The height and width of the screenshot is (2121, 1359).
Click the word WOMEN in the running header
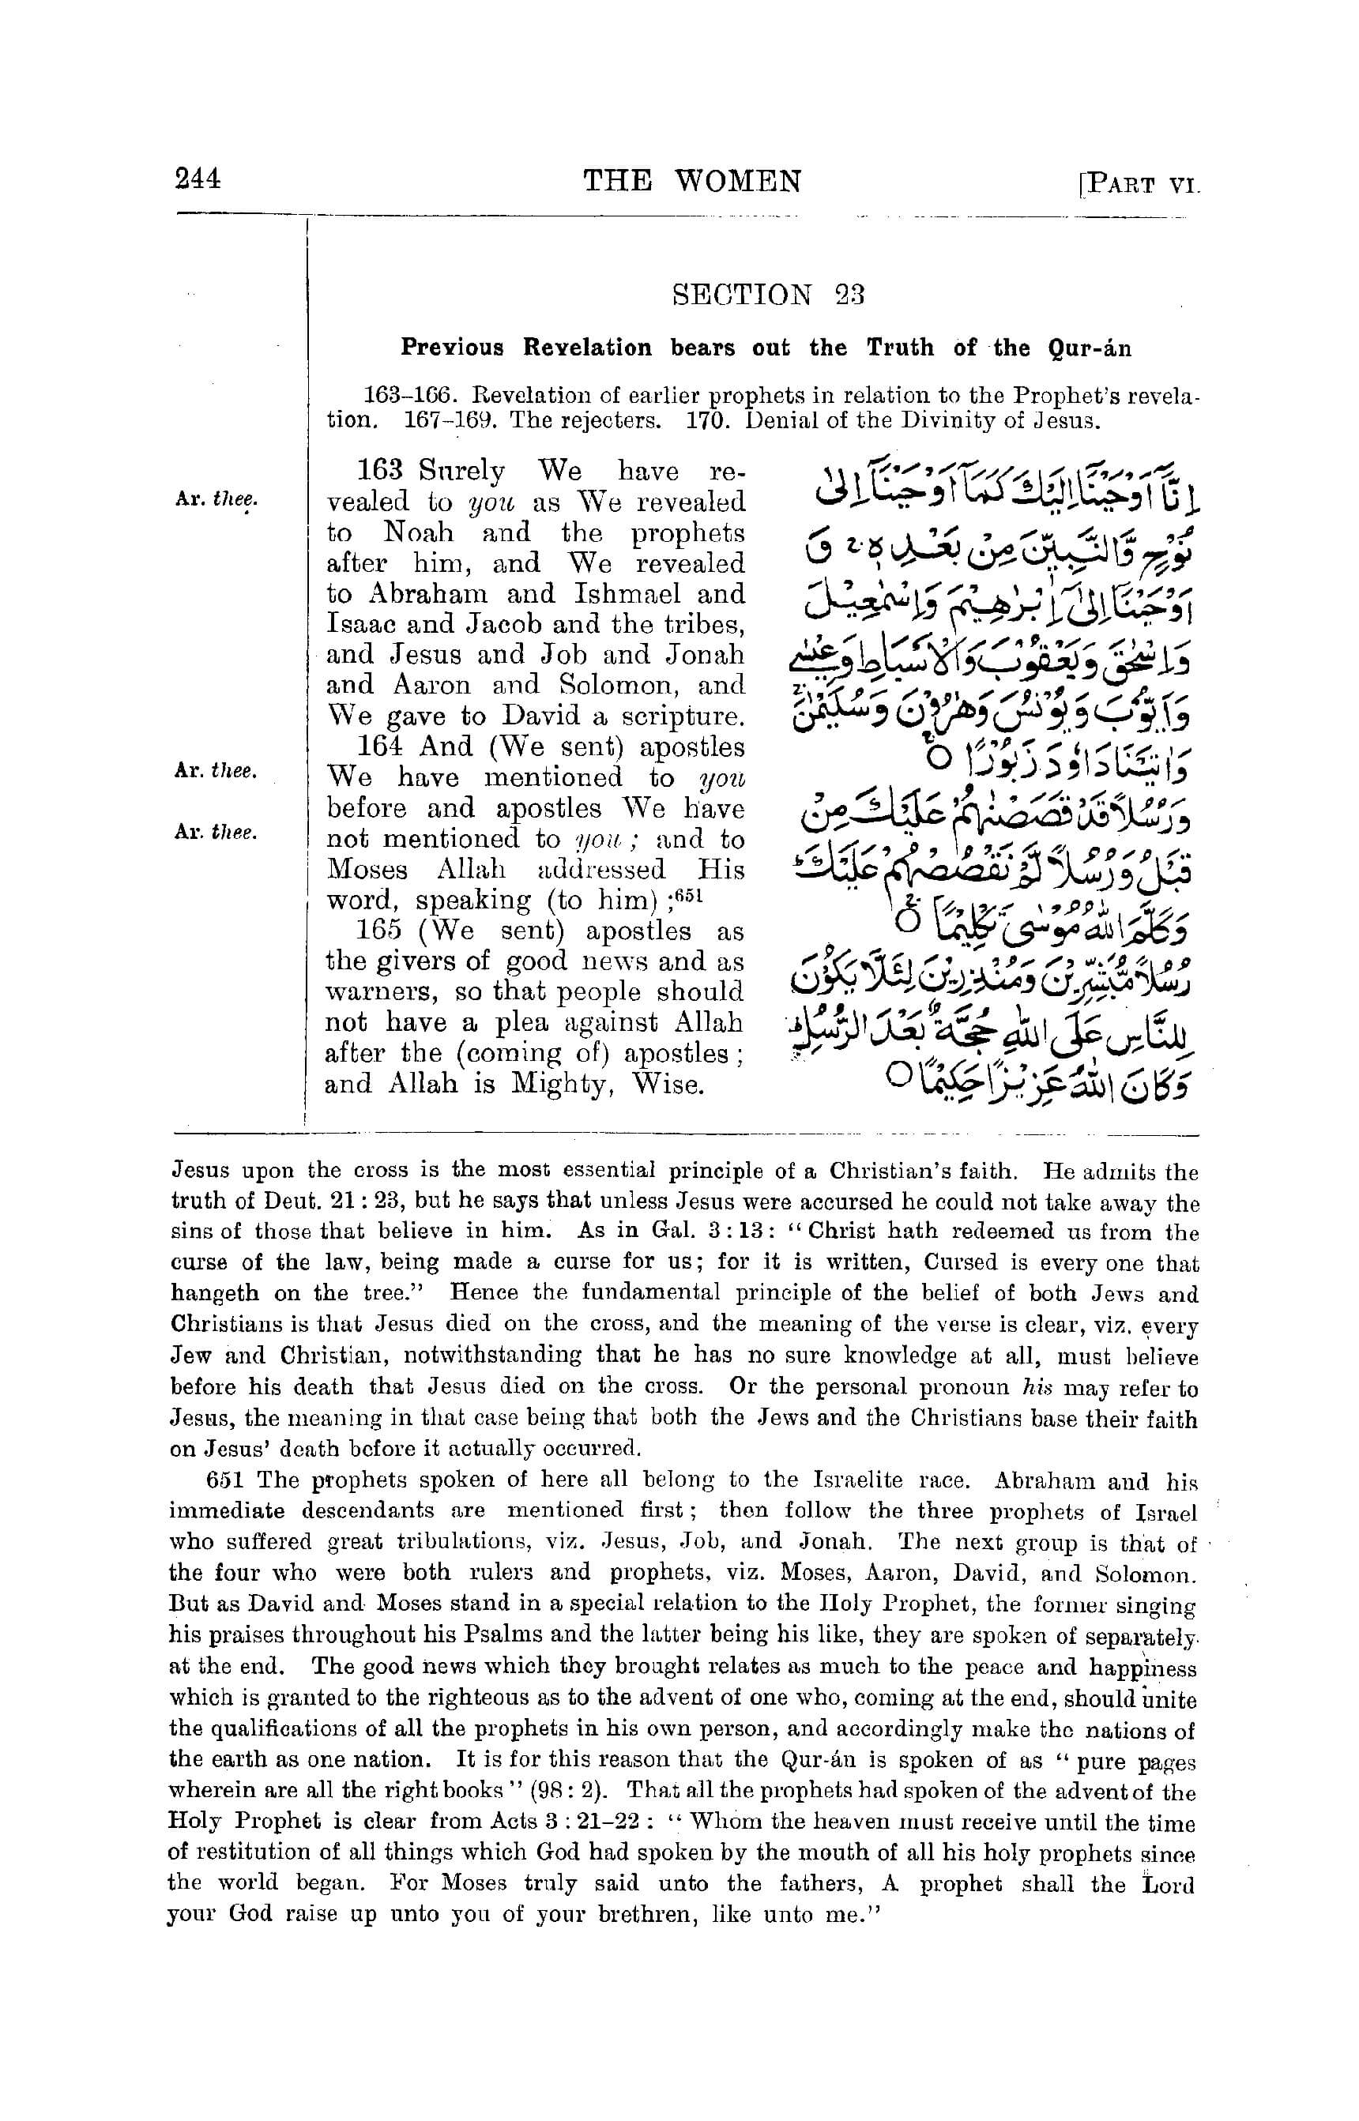pos(739,182)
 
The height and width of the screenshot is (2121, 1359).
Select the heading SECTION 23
pos(768,295)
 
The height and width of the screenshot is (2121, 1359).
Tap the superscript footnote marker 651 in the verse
pos(687,895)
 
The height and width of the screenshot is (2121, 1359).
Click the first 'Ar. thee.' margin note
pos(216,498)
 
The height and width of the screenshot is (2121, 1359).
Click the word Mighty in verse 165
pos(558,1085)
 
